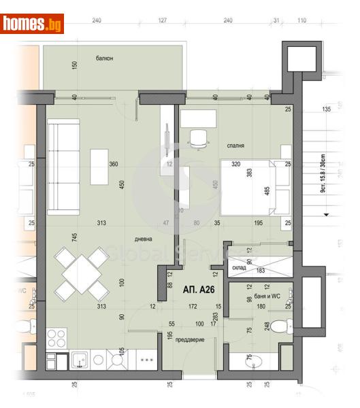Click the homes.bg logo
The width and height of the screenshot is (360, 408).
(x=32, y=24)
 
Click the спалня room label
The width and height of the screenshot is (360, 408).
(x=236, y=146)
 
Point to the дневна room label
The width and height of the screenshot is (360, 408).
(x=143, y=239)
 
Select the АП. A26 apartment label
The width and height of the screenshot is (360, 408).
(x=198, y=288)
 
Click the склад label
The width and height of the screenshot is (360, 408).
(x=238, y=267)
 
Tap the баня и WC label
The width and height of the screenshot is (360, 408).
(x=259, y=296)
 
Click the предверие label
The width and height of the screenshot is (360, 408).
(x=189, y=339)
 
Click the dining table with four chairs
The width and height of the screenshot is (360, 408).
(x=82, y=273)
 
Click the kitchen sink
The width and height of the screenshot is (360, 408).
(x=80, y=359)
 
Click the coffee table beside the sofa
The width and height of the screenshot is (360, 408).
(x=99, y=166)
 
